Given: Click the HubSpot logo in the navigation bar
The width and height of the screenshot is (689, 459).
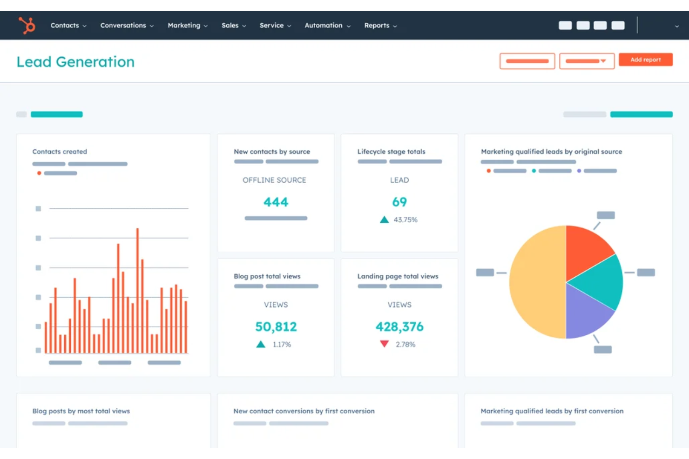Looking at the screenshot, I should point(27,25).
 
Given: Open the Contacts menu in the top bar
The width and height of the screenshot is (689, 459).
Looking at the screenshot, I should point(68,26).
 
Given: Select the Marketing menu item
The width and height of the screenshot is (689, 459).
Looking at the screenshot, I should point(187,26).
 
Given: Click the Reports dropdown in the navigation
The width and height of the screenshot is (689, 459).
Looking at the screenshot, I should point(380,26).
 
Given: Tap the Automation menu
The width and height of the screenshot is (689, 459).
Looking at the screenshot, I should point(327,26).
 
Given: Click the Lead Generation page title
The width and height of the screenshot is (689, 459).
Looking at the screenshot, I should point(75,62).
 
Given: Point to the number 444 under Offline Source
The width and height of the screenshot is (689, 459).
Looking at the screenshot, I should point(276,202).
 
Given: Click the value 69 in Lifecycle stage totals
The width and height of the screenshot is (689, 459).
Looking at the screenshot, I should point(399,202).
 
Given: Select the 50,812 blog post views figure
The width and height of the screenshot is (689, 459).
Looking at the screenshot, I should point(276,327).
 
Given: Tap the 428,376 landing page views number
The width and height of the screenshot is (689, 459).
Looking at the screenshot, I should point(399,327).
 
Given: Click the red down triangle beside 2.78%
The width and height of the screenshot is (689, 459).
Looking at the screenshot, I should point(384,344).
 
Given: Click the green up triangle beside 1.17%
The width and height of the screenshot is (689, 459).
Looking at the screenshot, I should point(261,345).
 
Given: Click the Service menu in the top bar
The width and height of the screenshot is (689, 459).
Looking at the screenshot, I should point(275,26).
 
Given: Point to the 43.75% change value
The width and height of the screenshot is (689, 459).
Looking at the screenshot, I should point(405,220).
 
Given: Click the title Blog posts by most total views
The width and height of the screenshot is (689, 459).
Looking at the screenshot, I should point(81,411).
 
